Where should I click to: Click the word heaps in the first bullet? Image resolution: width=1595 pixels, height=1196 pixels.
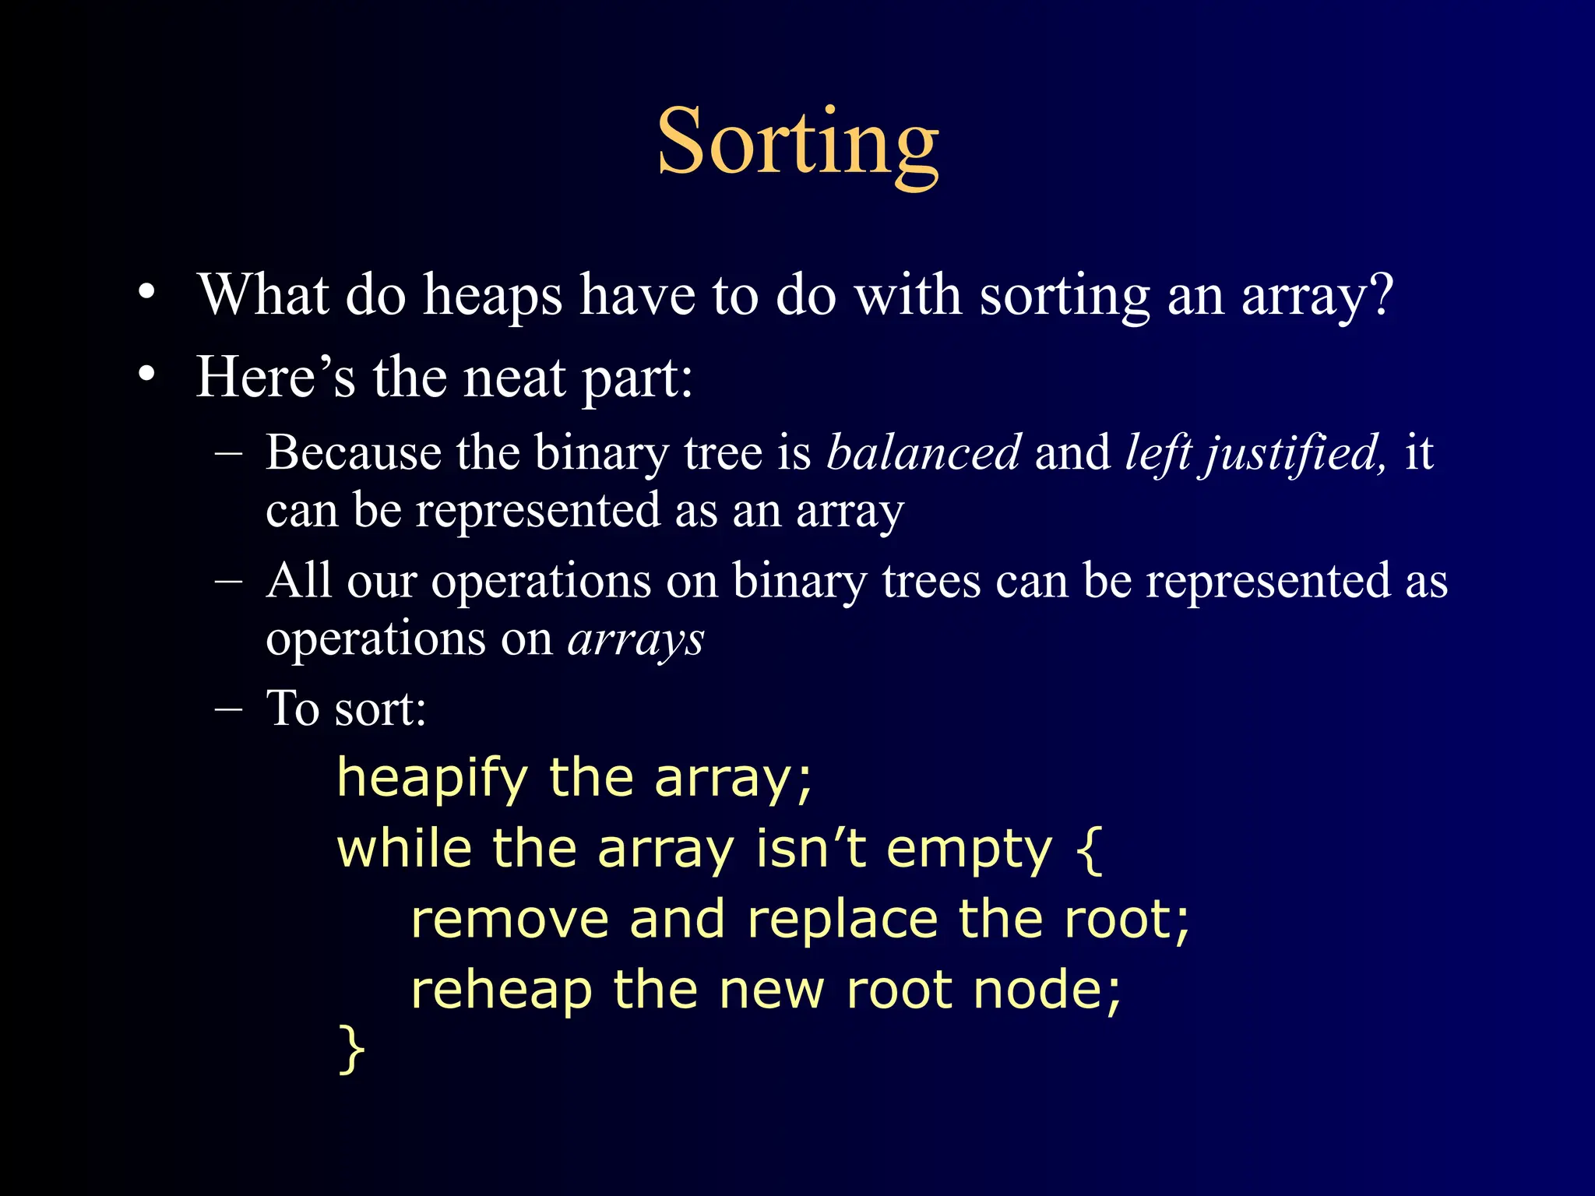point(492,297)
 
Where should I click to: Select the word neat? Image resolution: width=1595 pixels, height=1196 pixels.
point(514,378)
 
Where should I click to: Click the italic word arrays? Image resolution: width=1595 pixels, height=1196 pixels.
point(636,641)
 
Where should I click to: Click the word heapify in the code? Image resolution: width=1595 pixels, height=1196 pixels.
point(432,779)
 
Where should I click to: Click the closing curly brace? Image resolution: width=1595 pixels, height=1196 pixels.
point(352,1049)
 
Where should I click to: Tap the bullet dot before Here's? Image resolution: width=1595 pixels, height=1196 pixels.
point(146,376)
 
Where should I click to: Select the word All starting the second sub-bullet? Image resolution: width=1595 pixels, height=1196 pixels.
point(298,581)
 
